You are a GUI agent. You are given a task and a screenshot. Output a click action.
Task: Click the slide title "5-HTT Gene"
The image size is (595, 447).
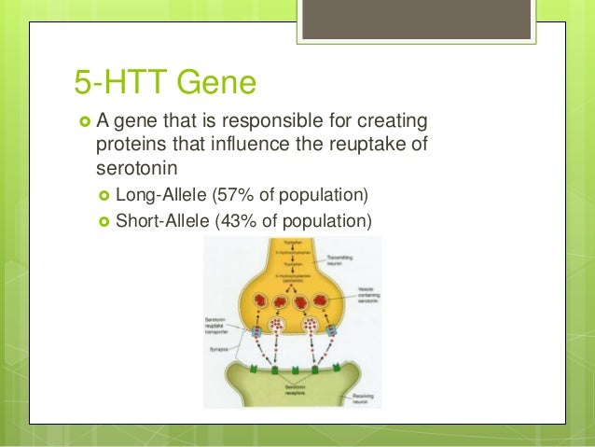[x=165, y=84]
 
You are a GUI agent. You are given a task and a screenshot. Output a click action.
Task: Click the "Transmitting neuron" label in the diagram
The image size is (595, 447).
[x=357, y=262]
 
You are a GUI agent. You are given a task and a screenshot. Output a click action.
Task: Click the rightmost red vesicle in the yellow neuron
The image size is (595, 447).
[x=322, y=303]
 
